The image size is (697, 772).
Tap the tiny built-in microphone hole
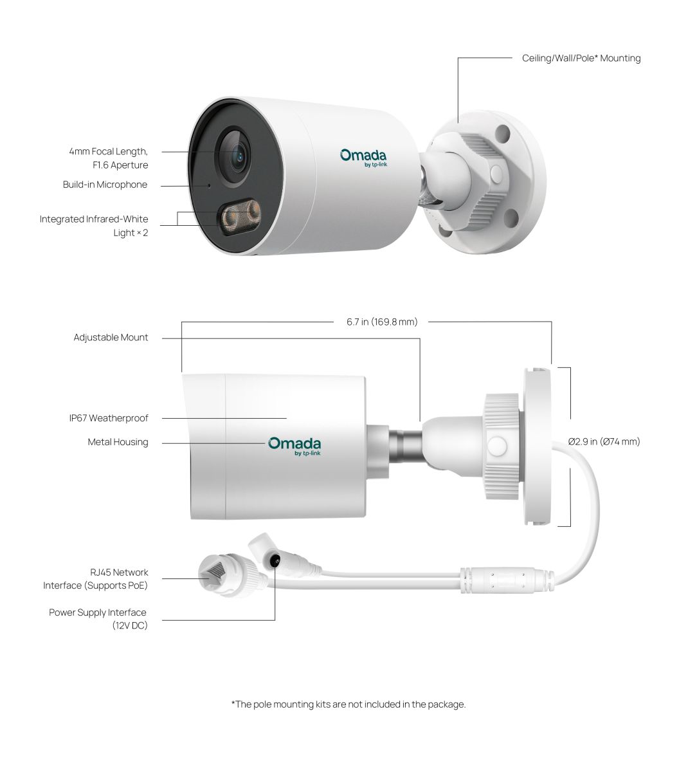pos(209,185)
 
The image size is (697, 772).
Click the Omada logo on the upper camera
pos(363,158)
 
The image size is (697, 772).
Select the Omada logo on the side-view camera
pos(294,446)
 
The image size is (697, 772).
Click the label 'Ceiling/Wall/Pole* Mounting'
pos(581,58)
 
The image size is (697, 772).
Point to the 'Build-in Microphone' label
pos(105,185)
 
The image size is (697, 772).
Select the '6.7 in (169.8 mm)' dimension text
pos(382,322)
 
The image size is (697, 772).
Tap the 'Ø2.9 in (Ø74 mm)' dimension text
pos(604,441)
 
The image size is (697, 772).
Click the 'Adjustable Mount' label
pos(111,338)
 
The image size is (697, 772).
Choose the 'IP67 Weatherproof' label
pos(109,418)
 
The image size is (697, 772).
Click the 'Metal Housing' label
pos(118,442)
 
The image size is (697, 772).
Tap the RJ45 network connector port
pos(211,573)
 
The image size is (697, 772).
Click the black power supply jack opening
pos(274,560)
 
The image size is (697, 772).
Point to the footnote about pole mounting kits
pos(348,704)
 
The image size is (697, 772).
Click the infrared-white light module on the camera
pos(239,217)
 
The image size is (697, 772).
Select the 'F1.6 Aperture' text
pos(120,165)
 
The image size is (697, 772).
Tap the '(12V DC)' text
pos(130,625)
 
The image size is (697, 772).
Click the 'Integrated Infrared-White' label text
pos(94,219)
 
